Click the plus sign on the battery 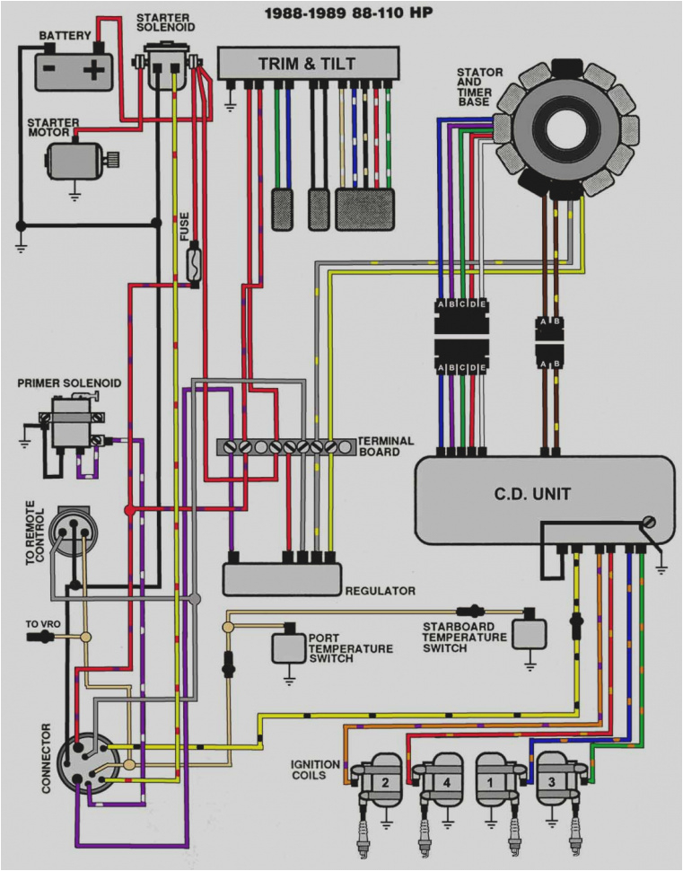tap(94, 70)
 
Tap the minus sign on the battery tap(49, 69)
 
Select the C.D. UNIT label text tap(532, 493)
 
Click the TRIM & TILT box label tap(307, 64)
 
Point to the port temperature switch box tap(288, 648)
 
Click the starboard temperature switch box tap(529, 633)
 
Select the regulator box tap(282, 579)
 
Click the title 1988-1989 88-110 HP tap(348, 13)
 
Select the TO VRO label tap(43, 624)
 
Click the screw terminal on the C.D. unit tap(649, 523)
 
